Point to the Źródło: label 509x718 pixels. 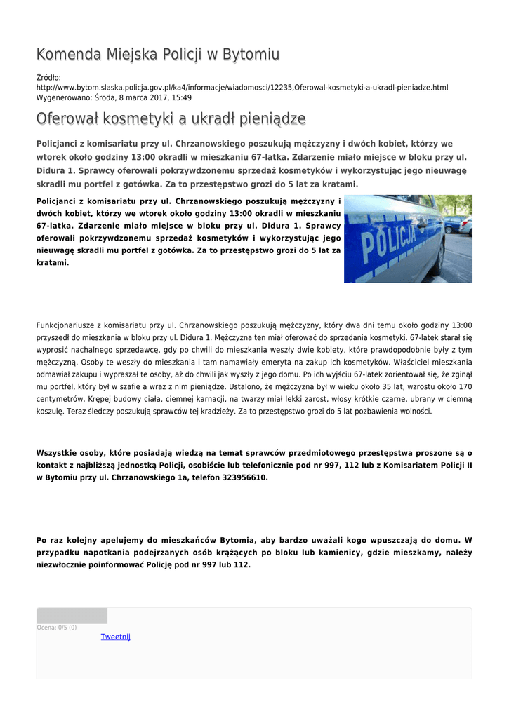(x=48, y=77)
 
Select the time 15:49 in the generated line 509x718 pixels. (x=182, y=97)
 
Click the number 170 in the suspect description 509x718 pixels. (x=465, y=386)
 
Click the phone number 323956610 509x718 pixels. (x=244, y=477)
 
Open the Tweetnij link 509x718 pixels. (x=115, y=637)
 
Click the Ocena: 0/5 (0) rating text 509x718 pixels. (x=57, y=628)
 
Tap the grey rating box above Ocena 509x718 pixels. (x=72, y=616)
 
